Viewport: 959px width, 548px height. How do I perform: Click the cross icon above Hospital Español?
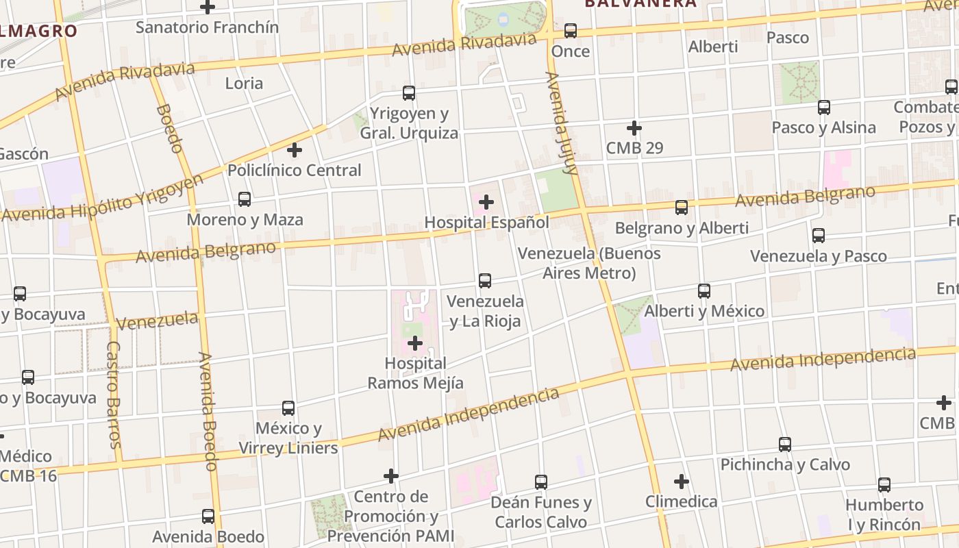486,202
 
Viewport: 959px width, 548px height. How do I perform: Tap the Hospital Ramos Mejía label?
415,373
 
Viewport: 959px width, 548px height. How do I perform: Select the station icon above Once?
571,31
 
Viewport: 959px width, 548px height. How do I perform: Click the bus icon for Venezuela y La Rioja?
485,280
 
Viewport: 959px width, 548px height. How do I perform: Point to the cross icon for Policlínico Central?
295,150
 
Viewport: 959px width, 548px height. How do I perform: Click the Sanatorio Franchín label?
207,27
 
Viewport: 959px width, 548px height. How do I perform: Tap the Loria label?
244,84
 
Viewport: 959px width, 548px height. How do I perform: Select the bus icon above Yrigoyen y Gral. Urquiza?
409,92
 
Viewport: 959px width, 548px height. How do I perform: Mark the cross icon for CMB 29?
634,128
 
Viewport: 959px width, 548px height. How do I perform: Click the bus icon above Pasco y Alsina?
824,108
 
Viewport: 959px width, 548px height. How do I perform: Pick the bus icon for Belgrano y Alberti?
682,208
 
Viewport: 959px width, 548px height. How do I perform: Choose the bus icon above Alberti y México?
704,290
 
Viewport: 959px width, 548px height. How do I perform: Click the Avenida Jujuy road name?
562,124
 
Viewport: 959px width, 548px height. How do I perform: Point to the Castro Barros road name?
114,394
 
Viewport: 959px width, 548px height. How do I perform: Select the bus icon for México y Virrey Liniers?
288,408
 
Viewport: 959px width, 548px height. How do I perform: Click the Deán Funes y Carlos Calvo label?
541,512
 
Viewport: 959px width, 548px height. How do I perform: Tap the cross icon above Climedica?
682,482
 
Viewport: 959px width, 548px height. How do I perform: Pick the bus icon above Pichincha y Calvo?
785,445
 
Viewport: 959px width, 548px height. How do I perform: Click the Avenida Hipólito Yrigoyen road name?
103,199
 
